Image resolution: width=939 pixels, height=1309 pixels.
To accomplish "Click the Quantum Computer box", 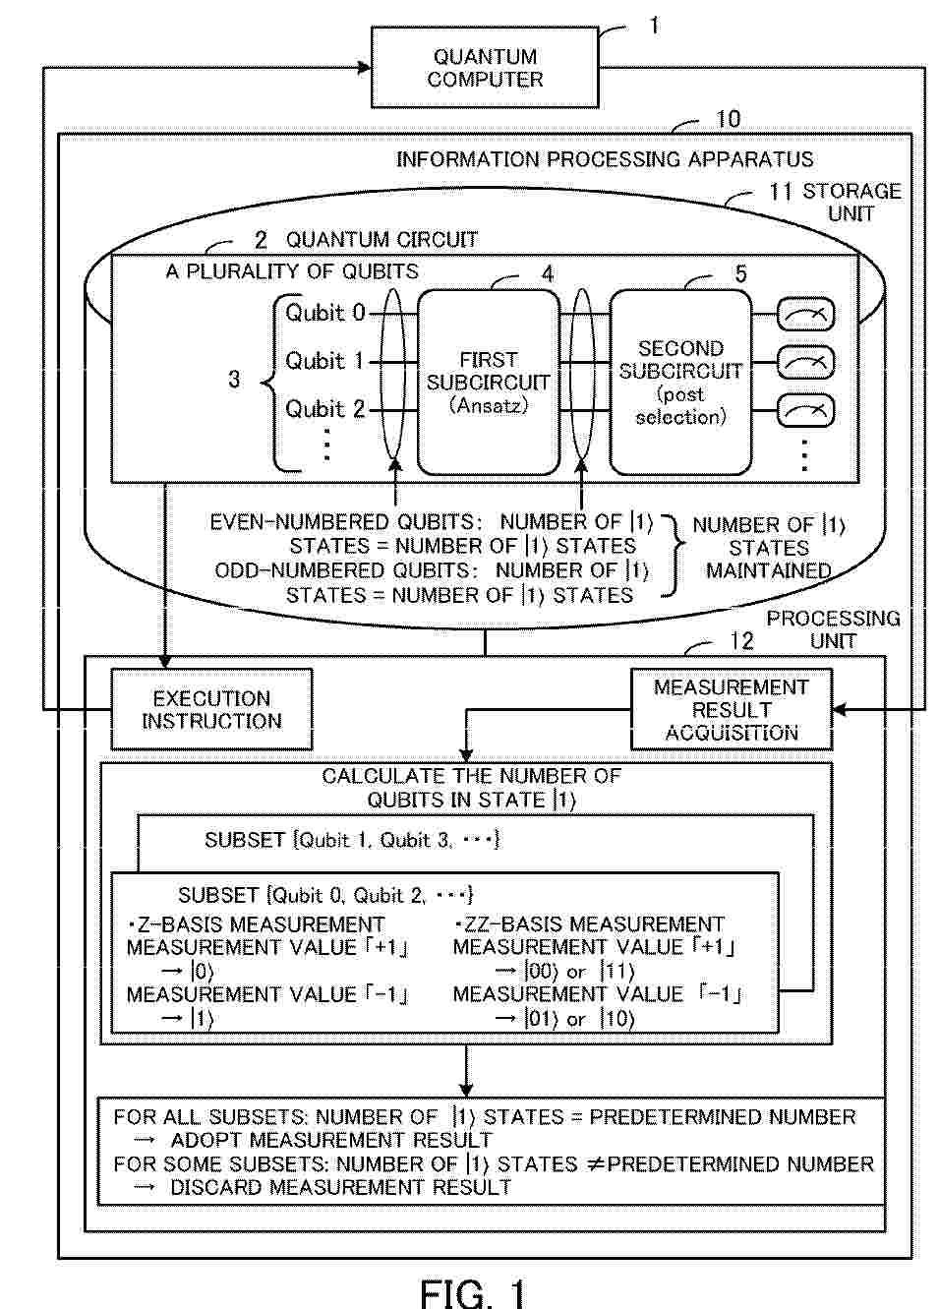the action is (485, 67).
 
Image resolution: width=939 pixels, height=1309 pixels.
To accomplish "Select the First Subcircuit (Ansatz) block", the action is (489, 383).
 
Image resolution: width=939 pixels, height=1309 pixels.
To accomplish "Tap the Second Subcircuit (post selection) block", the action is (680, 383).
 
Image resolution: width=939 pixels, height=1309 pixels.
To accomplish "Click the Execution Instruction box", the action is (211, 709).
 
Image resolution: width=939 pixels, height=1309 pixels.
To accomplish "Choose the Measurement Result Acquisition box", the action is (732, 709).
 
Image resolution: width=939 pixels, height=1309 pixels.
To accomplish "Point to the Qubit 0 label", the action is (324, 313).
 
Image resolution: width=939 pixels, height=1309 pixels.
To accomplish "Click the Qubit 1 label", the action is (324, 361).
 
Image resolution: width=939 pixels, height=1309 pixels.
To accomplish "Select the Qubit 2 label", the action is (324, 409).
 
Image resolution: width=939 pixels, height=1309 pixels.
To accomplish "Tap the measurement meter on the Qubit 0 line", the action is (805, 316).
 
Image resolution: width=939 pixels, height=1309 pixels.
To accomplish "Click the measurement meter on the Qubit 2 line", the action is (805, 411).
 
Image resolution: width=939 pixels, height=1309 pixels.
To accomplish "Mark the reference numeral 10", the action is (728, 119).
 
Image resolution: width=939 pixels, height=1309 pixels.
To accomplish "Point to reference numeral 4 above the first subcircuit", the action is (548, 273).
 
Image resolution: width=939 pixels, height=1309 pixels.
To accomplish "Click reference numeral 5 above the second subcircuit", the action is (741, 273).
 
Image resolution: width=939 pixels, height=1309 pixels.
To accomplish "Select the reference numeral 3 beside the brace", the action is (234, 380).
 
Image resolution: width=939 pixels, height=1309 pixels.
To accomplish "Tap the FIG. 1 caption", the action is (473, 1292).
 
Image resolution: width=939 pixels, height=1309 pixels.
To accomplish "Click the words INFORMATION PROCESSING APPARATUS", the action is (605, 159).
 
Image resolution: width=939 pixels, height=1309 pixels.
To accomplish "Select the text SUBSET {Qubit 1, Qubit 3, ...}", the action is (352, 840).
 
